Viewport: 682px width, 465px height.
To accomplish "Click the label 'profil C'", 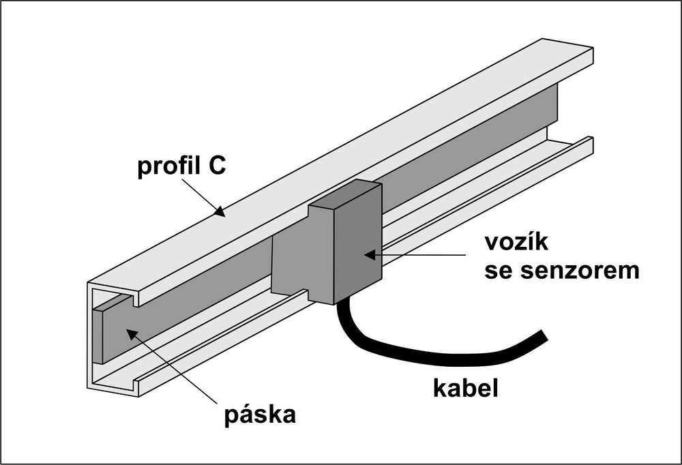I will (x=180, y=168).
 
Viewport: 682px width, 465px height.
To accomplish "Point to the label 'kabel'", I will (x=466, y=388).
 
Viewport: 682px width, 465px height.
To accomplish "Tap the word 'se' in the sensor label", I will (x=497, y=271).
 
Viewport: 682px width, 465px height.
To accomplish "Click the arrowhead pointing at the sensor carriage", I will (x=369, y=255).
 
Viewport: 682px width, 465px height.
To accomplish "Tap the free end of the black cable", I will (x=543, y=335).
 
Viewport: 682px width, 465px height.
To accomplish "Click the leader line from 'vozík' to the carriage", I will (x=423, y=255).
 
